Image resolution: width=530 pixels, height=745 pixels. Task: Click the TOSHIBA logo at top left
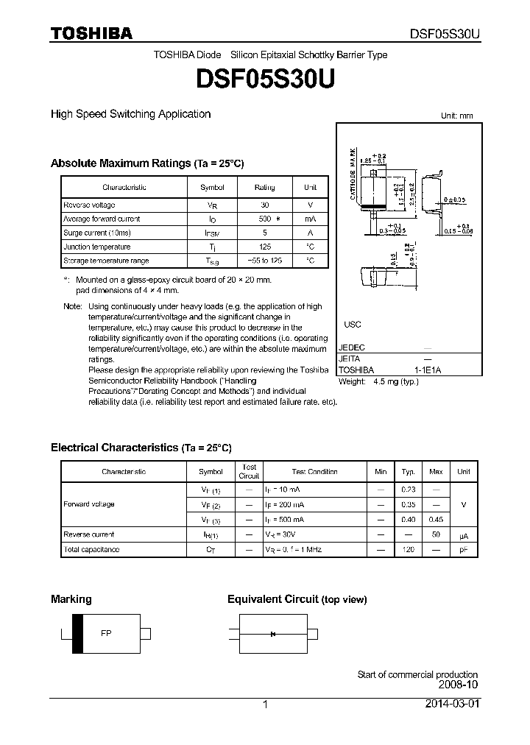pyautogui.click(x=91, y=33)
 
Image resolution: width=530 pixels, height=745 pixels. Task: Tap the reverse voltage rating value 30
pyautogui.click(x=264, y=205)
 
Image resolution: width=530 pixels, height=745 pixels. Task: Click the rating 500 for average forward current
pyautogui.click(x=264, y=219)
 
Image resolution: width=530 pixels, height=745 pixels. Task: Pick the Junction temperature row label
pyautogui.click(x=96, y=247)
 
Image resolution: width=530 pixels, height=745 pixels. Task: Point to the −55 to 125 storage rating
pyautogui.click(x=264, y=261)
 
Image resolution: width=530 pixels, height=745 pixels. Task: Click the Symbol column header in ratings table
pyautogui.click(x=212, y=187)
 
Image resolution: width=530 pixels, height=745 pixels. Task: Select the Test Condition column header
pyautogui.click(x=314, y=471)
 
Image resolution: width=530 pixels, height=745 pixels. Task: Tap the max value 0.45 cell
pyautogui.click(x=436, y=520)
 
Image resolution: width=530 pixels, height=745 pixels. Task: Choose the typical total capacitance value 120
pyautogui.click(x=408, y=549)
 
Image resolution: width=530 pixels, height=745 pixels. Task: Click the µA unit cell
pyautogui.click(x=464, y=534)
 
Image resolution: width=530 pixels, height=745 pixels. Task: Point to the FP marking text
pyautogui.click(x=106, y=633)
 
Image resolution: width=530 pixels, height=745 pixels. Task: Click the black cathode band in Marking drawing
pyautogui.click(x=77, y=634)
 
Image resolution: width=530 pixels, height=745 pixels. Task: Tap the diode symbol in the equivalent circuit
pyautogui.click(x=272, y=634)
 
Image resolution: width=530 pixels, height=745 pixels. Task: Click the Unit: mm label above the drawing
pyautogui.click(x=456, y=116)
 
